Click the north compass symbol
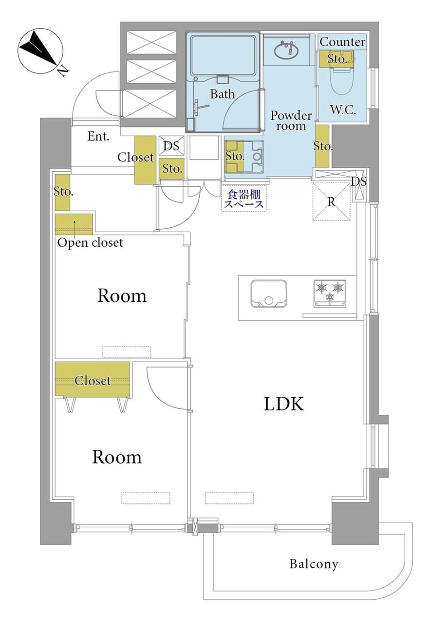(x=40, y=51)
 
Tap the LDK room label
(x=283, y=404)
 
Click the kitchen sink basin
(x=269, y=294)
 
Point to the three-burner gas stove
(x=329, y=293)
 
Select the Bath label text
(x=223, y=94)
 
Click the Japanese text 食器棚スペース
(x=243, y=199)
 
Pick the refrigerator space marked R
(x=332, y=201)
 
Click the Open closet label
(x=90, y=243)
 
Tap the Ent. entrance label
(x=98, y=136)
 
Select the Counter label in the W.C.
(x=342, y=42)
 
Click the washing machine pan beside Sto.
(x=244, y=156)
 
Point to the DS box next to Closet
(x=171, y=146)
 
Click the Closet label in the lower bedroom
(x=93, y=380)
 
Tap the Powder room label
(x=291, y=121)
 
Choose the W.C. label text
(x=343, y=110)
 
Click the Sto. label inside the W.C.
(x=336, y=59)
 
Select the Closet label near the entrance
(x=135, y=157)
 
